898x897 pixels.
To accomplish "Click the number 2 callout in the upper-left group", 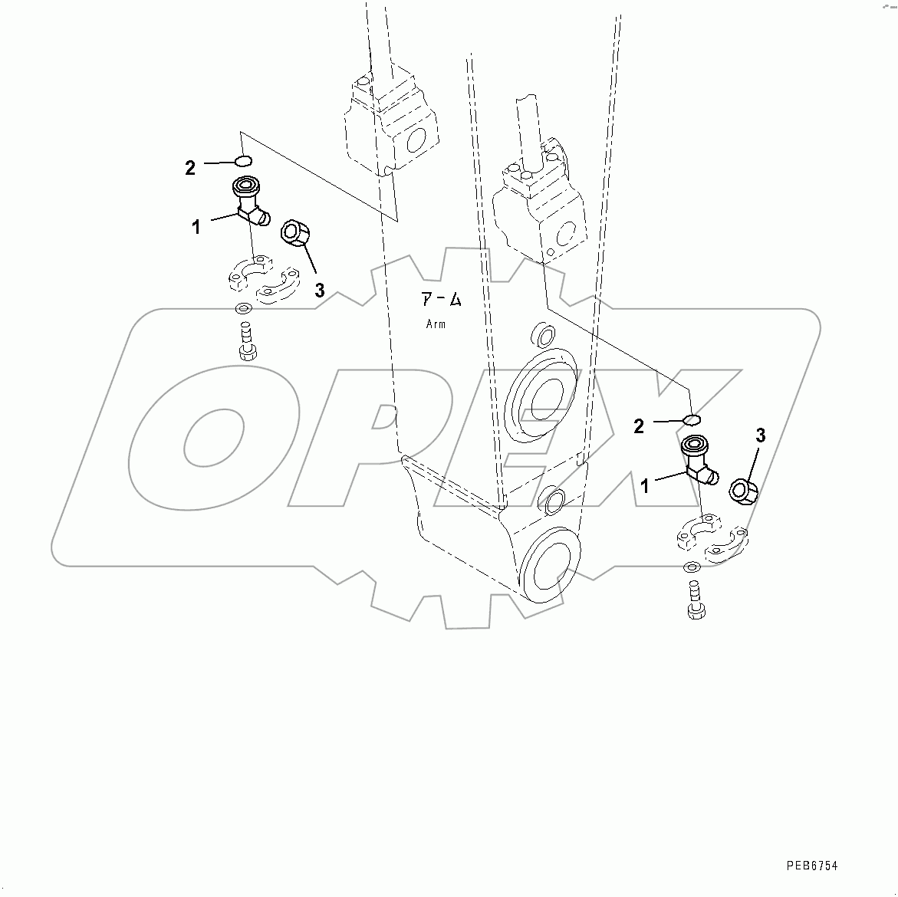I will tap(190, 167).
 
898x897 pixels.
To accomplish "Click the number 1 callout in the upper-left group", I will tap(196, 227).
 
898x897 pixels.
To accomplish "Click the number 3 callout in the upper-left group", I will tap(319, 290).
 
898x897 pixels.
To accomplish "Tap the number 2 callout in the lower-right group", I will tap(639, 426).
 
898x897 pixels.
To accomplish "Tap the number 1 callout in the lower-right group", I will tap(645, 486).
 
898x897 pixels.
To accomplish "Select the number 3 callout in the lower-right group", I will tap(760, 435).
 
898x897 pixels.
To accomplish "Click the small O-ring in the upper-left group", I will tap(242, 161).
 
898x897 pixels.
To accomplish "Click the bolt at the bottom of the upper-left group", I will tap(247, 342).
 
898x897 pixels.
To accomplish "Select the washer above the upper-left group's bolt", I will tap(243, 310).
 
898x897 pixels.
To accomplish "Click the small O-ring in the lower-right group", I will tap(691, 419).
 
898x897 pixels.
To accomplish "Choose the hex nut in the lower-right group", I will tap(743, 490).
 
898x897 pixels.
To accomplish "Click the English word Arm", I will tap(436, 324).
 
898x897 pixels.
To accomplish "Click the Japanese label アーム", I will tap(442, 300).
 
